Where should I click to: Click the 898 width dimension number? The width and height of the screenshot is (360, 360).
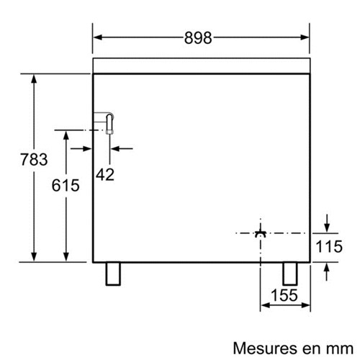(x=198, y=38)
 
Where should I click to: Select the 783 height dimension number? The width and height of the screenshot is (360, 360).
(x=34, y=159)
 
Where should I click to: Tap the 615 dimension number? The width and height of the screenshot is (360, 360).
(x=66, y=185)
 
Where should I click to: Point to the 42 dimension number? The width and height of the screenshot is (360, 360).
(x=105, y=174)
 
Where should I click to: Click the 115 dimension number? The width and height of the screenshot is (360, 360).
(x=329, y=246)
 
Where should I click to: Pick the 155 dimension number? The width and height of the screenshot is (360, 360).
(x=284, y=295)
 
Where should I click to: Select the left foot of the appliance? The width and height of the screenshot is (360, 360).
(x=113, y=274)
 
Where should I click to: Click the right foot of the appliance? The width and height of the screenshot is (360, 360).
(x=290, y=274)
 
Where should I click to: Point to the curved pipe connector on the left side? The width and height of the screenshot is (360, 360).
(x=109, y=124)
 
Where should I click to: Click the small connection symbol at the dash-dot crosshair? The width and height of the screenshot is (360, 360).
(x=261, y=232)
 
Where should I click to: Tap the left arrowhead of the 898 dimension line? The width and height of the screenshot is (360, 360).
(x=98, y=37)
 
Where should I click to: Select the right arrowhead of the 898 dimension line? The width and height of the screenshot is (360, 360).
(x=305, y=37)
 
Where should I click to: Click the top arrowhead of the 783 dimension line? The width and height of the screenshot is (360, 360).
(x=34, y=79)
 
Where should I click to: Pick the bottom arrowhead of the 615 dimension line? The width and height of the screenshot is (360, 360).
(x=66, y=256)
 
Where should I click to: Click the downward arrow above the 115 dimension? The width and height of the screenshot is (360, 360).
(x=327, y=224)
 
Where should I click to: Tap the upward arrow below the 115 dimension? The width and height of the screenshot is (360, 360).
(x=326, y=271)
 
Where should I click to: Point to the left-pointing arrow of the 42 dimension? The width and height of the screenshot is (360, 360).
(x=122, y=149)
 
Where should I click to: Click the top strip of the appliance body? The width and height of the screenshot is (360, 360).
(x=202, y=66)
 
